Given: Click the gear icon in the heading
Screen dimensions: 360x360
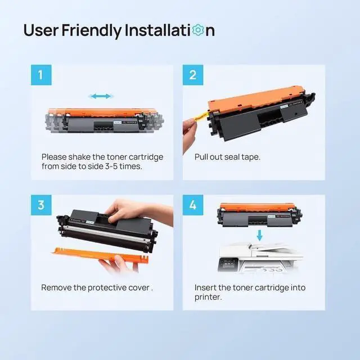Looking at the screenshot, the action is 198,30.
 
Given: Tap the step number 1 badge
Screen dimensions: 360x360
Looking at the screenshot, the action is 41,75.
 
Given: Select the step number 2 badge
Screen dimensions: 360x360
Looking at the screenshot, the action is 193,75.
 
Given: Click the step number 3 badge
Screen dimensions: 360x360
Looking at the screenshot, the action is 41,205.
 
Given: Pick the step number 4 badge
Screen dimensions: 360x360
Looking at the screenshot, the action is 193,205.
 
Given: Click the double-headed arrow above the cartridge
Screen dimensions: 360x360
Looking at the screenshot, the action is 101,96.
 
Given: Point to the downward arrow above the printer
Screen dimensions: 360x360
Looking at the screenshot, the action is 260,236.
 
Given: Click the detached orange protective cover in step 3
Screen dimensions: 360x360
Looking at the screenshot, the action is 101,255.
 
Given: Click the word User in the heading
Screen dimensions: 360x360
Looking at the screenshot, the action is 41,30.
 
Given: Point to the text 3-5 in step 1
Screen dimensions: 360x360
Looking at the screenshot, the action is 111,166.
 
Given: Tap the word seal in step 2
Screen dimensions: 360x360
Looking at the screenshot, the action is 232,157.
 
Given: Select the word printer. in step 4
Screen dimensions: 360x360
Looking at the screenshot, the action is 208,298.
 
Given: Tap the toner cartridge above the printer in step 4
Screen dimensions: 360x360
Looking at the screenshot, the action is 260,215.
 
